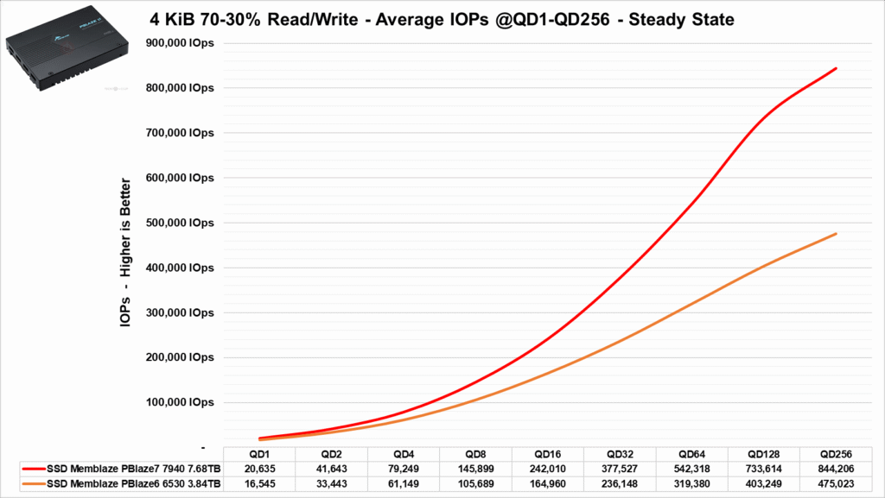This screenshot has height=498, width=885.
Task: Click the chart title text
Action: pos(442,19)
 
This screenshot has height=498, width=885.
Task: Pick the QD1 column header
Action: pos(259,454)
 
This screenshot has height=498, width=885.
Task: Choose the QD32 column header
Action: pos(619,454)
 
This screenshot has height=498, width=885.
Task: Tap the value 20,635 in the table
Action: pos(259,469)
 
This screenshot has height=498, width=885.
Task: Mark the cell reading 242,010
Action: pos(547,469)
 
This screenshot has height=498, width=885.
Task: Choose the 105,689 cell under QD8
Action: pos(475,483)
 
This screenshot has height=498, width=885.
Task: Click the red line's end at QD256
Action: pos(836,68)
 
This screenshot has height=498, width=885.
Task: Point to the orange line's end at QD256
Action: pos(836,234)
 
